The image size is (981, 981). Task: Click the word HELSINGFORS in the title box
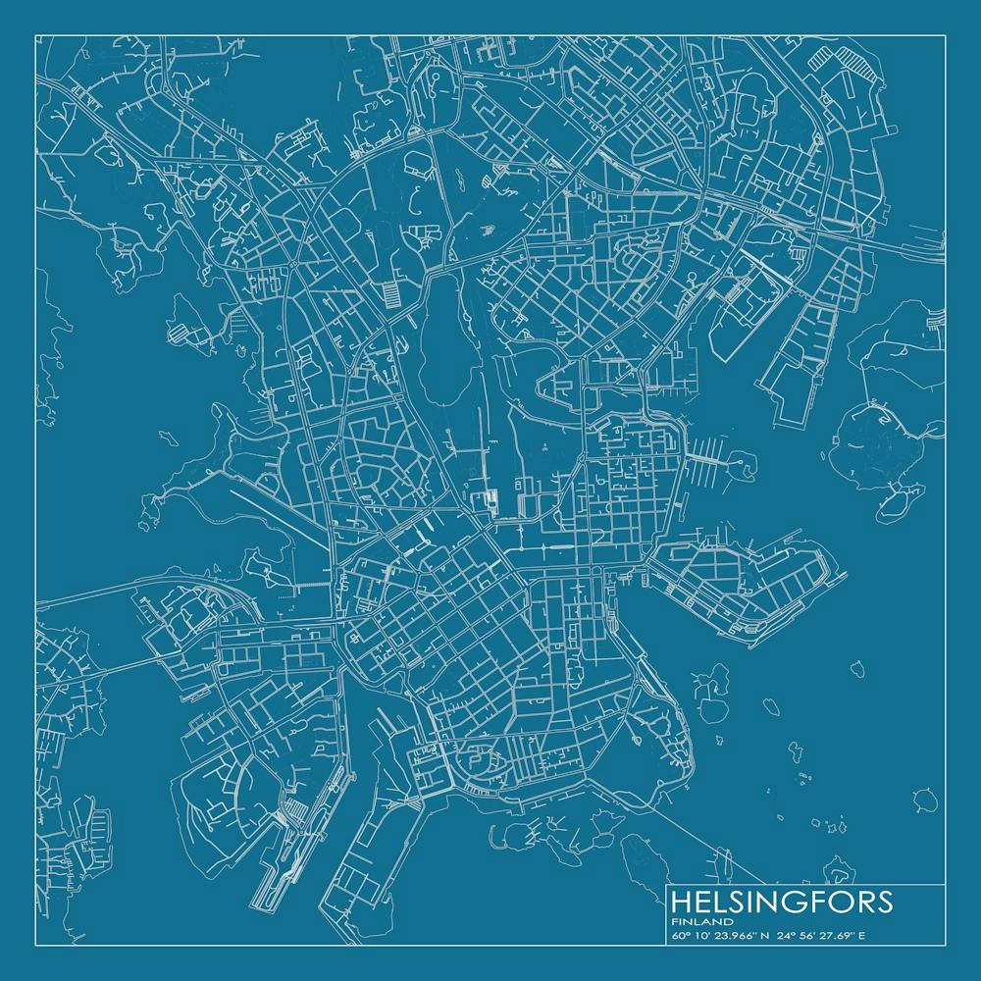coord(781,902)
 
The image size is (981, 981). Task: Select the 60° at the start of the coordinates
coord(681,936)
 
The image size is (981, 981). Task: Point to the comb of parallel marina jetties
coord(708,454)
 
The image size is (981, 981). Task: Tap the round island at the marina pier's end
coord(743,459)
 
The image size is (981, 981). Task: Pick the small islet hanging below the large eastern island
coord(894,505)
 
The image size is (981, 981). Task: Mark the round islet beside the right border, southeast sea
coord(923,800)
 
